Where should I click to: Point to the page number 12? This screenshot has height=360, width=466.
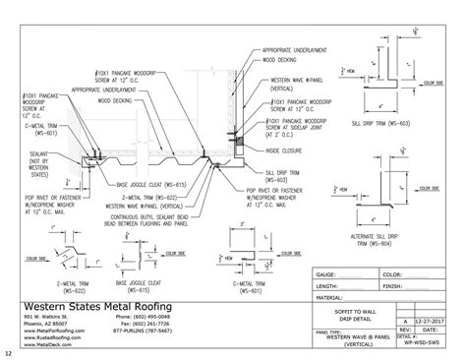pos(8,353)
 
